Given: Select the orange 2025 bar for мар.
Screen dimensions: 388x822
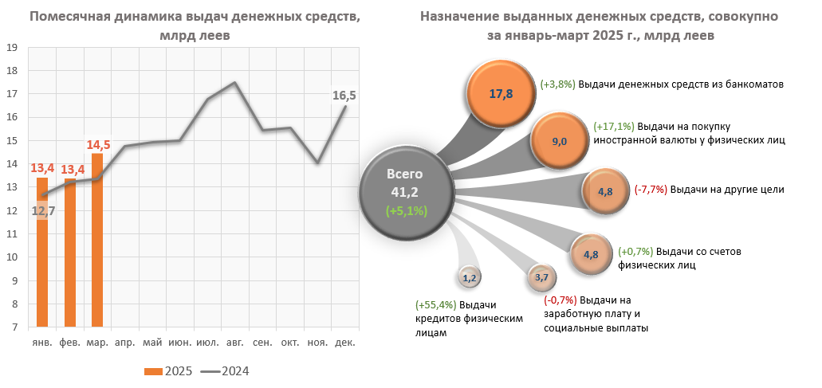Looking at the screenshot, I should pos(97,239).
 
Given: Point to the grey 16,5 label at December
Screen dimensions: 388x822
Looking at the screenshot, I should pos(344,96).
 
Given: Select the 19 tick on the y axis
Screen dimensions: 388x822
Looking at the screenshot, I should pos(12,47).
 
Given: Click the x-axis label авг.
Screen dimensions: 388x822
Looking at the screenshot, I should pos(234,343).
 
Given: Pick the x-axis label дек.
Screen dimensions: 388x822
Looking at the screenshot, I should pos(344,343).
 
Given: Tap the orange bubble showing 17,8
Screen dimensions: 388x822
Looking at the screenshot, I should pos(501,93).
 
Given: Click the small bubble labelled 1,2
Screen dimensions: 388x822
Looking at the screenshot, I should pos(469,278).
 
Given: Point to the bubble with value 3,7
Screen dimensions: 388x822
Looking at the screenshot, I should pos(541,277).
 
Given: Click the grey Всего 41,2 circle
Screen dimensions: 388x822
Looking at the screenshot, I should pos(406,191).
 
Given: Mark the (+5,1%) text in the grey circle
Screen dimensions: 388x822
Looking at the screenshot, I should pos(407,211).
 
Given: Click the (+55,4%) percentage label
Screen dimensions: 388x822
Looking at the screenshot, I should pos(435,305).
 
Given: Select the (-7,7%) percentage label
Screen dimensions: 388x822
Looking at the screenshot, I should pos(651,190).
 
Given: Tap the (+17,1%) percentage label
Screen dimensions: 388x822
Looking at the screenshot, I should pos(614,126).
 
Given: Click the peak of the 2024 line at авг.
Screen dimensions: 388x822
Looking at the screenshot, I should pos(234,82).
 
